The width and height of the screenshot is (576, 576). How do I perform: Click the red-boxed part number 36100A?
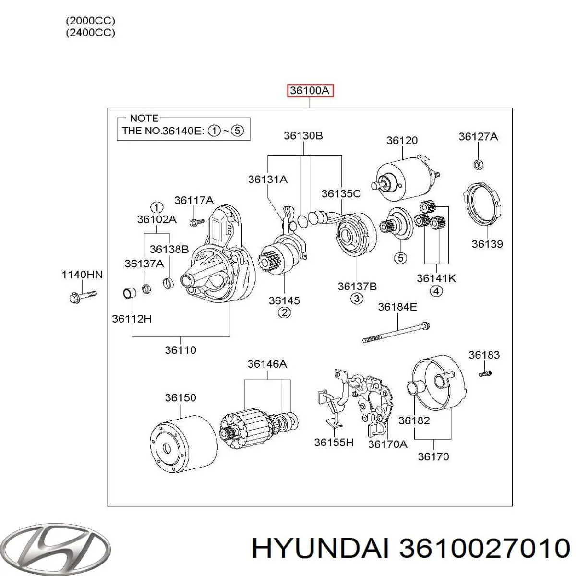310,91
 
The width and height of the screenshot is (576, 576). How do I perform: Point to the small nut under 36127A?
478,164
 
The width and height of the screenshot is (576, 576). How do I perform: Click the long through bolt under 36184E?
396,333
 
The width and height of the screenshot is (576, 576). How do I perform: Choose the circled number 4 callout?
436,291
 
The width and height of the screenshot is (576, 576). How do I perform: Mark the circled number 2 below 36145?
284,313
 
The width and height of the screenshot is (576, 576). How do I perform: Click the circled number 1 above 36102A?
156,207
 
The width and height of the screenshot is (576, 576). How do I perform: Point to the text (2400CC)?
91,33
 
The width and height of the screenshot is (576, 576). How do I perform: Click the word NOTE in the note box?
144,118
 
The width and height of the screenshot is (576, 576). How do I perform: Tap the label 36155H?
334,442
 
